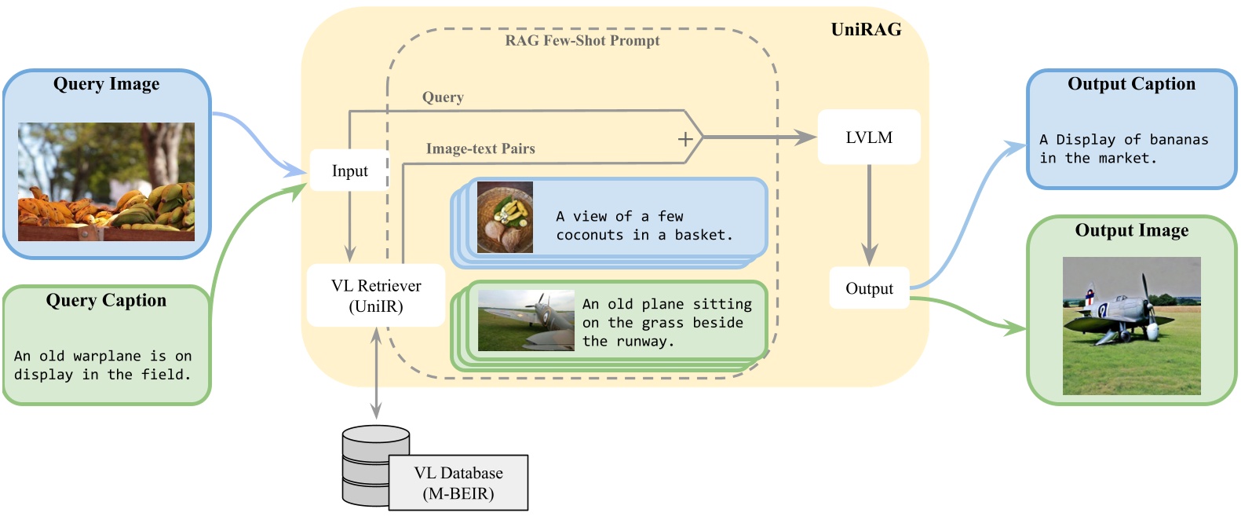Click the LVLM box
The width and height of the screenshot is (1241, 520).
(x=869, y=137)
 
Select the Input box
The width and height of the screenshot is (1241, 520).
(x=349, y=170)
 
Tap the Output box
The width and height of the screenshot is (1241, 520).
(x=869, y=288)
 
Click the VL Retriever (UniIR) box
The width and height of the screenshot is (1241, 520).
(x=376, y=295)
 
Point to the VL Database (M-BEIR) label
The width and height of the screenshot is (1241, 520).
(x=458, y=483)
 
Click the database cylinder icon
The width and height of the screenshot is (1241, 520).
(x=376, y=466)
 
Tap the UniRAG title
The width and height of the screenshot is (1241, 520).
(x=866, y=29)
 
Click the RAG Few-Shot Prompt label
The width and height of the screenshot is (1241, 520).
(x=582, y=41)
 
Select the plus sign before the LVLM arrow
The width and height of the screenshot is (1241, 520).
(x=685, y=138)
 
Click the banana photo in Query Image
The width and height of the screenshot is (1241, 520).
(x=107, y=181)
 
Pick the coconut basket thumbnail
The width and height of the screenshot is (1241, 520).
(x=505, y=218)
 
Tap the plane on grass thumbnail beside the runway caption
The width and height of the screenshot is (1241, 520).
(x=526, y=320)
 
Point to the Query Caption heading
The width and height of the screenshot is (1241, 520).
(x=107, y=300)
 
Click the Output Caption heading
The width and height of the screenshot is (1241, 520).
(x=1131, y=84)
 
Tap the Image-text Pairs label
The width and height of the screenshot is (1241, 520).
(x=480, y=148)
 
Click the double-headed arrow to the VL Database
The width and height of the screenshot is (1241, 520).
(x=376, y=373)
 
